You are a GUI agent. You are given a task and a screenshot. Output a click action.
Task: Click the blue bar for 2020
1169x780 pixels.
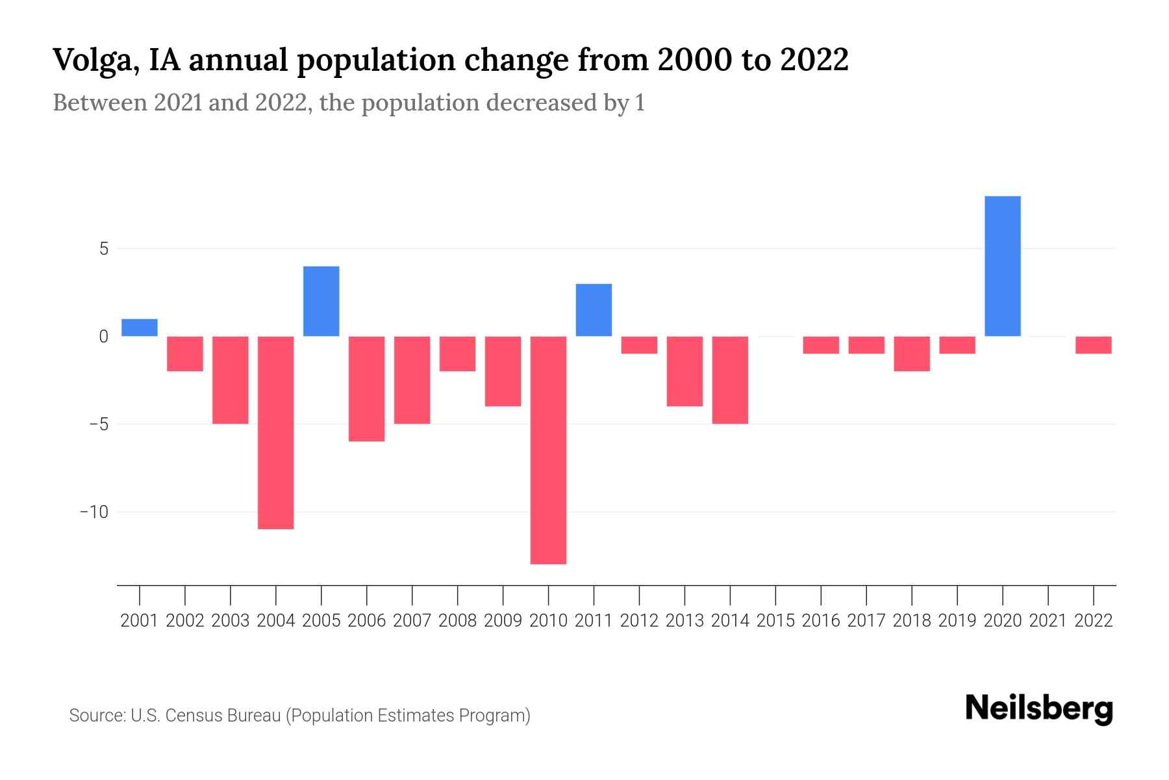1002,266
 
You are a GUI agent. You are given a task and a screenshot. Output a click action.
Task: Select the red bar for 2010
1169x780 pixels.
548,450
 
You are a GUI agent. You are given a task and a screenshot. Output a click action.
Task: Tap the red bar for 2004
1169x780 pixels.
276,432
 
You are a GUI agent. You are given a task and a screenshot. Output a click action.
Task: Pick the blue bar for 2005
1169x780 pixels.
321,301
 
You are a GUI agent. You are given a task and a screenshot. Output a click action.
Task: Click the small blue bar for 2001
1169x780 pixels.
140,328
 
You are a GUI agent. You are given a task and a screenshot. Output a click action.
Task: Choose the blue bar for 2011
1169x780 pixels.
594,310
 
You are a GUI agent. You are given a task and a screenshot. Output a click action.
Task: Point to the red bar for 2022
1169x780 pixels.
1093,345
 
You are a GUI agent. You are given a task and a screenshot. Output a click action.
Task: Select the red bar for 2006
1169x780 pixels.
367,389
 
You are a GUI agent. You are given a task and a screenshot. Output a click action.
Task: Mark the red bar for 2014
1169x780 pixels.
730,380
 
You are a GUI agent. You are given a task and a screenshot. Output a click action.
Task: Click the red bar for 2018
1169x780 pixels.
912,354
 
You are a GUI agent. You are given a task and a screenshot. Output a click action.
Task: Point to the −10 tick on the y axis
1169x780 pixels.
94,512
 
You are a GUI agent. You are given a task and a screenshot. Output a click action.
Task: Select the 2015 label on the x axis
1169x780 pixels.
775,621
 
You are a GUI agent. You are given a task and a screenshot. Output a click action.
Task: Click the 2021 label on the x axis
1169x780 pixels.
1048,621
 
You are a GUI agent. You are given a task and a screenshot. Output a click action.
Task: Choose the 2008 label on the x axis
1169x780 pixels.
457,621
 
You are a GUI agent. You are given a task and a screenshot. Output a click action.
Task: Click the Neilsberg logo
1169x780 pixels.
1039,708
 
